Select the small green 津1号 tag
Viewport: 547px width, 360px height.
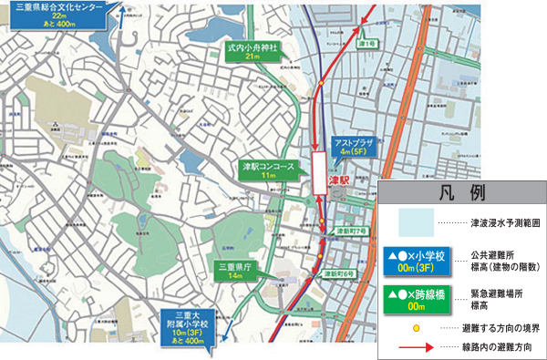coord(367,44)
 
